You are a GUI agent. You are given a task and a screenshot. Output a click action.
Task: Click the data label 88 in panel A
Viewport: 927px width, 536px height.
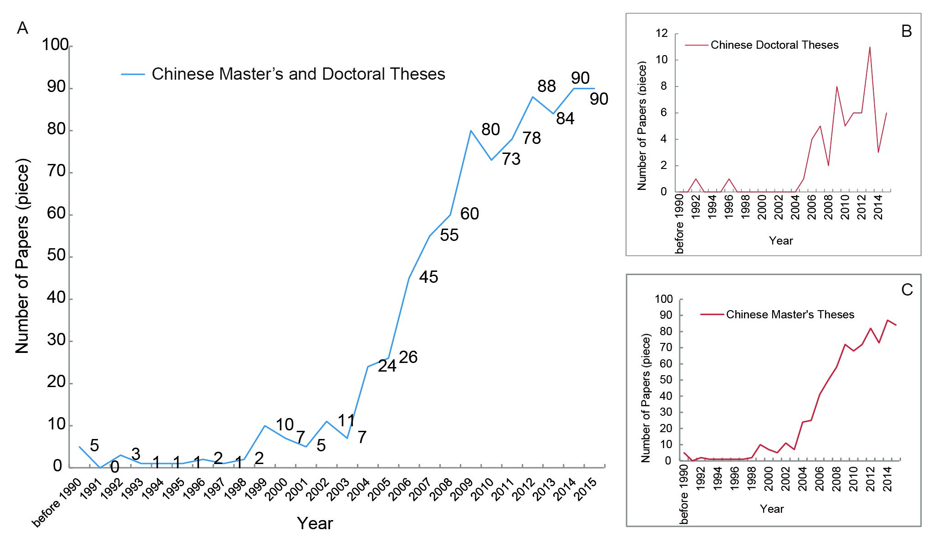[x=546, y=86]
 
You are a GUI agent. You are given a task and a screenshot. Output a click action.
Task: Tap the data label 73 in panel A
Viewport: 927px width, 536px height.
[x=511, y=159]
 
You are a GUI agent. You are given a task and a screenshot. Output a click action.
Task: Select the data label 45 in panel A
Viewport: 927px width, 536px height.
[x=428, y=277]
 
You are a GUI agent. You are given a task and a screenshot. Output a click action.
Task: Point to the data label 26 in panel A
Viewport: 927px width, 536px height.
[x=408, y=357]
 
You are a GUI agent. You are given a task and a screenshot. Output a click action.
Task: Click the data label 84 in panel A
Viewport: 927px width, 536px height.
[x=565, y=119]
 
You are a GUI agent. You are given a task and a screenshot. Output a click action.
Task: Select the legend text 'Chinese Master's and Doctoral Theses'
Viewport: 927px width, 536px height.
[x=298, y=74]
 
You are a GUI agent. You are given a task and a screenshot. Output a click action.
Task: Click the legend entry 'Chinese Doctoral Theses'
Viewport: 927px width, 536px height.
[x=774, y=45]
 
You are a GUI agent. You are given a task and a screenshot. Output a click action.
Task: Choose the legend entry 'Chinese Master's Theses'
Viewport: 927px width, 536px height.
[x=790, y=315]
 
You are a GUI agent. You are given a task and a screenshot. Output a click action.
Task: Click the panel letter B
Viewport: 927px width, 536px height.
[x=906, y=31]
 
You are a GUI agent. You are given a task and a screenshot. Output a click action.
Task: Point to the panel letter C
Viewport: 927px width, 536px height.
[x=907, y=290]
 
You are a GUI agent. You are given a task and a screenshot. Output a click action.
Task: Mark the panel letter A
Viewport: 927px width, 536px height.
[x=22, y=28]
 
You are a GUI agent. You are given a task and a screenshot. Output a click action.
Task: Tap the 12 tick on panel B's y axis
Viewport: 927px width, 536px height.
[x=662, y=33]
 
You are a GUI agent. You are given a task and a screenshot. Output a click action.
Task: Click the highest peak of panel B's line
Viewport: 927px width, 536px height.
[x=870, y=47]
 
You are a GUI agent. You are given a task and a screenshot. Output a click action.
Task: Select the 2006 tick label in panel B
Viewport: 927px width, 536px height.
[x=812, y=208]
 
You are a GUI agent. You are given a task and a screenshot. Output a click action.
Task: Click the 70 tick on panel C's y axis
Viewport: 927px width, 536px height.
[x=666, y=347]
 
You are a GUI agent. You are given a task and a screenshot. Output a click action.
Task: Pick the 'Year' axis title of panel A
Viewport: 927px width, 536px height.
[x=315, y=523]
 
